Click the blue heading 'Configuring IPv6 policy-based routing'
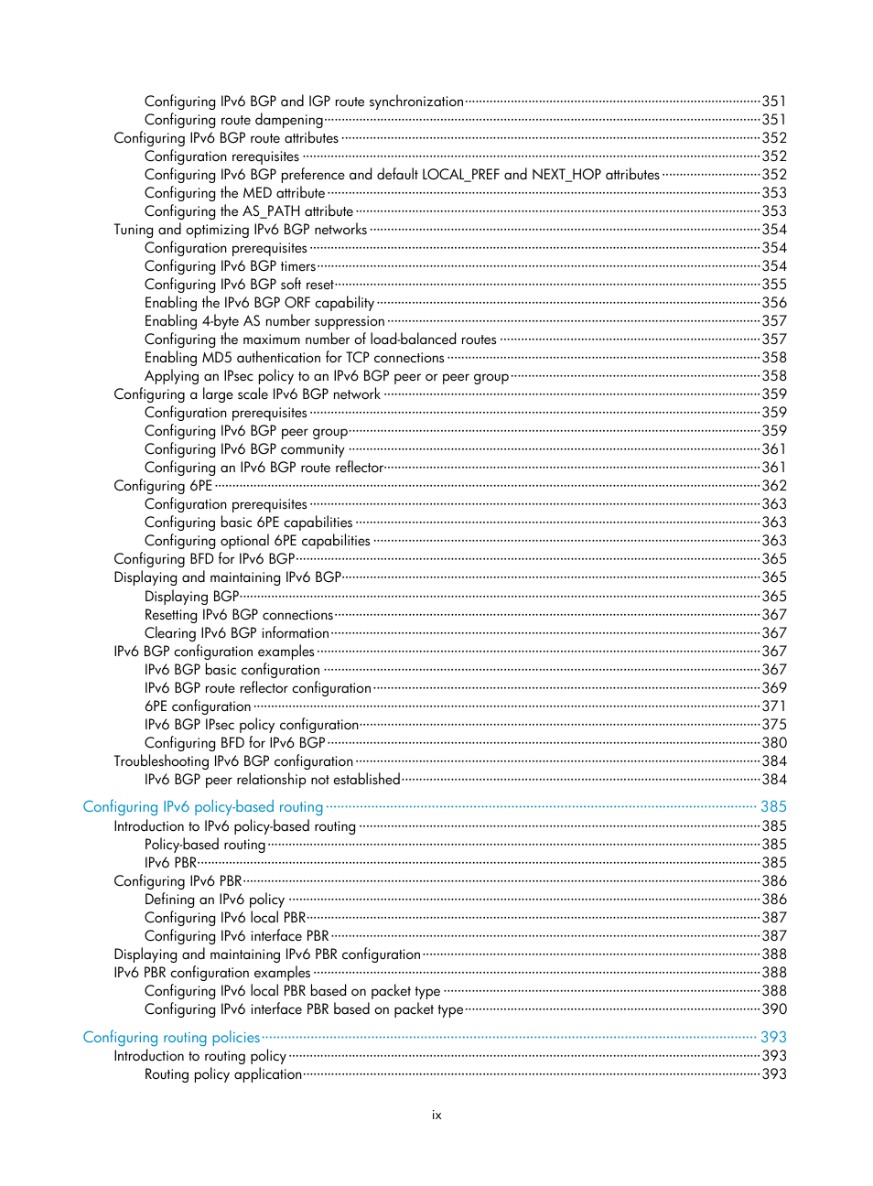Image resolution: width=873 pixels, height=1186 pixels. [x=202, y=807]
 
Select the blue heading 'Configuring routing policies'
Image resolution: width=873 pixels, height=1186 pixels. [x=171, y=1038]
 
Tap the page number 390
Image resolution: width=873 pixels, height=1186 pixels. [x=774, y=1009]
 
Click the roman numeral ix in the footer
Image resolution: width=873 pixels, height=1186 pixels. [x=436, y=1116]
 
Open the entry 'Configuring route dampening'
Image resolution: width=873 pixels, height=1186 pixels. [x=233, y=120]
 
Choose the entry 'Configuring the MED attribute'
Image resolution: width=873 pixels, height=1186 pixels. [x=234, y=193]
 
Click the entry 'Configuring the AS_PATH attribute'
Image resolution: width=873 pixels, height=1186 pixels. [x=248, y=211]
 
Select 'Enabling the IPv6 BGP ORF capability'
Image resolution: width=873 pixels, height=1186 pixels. [x=259, y=303]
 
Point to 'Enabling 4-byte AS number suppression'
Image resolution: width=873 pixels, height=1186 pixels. [x=264, y=321]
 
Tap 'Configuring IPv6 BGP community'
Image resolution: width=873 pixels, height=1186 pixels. [x=244, y=449]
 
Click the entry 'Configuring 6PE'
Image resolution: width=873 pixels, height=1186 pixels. [x=163, y=486]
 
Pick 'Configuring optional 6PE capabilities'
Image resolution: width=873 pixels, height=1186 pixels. [x=257, y=541]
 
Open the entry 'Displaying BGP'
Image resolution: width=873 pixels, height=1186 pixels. [x=191, y=597]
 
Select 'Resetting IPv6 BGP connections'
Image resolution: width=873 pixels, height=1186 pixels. [x=239, y=615]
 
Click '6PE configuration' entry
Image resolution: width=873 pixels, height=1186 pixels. [x=198, y=706]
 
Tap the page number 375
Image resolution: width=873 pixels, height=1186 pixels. [x=774, y=725]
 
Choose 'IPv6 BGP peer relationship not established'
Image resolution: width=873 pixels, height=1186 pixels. [x=272, y=780]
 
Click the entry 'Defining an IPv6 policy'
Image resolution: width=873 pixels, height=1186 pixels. [x=214, y=900]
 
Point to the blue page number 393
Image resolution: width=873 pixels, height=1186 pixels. [x=773, y=1038]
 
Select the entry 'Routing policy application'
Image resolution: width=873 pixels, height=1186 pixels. [x=222, y=1074]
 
